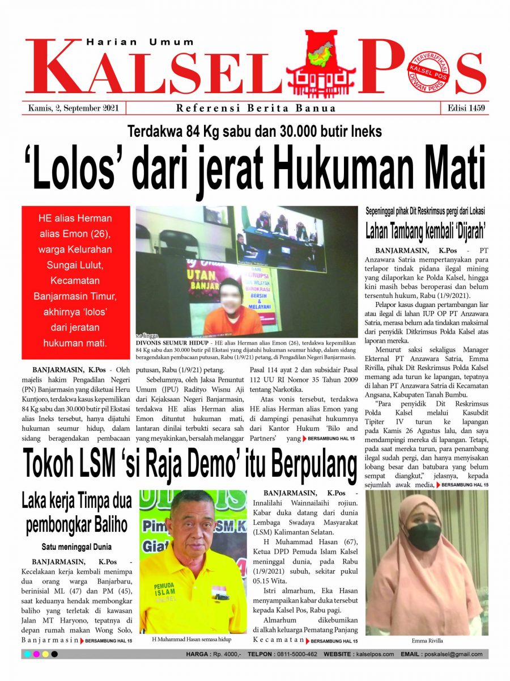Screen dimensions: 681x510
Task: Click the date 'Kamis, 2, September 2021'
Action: [x=73, y=108]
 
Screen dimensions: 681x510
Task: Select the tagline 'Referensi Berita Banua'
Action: [x=256, y=108]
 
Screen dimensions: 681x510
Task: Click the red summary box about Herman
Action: [x=75, y=280]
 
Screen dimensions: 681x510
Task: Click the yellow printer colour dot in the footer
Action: [x=45, y=654]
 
